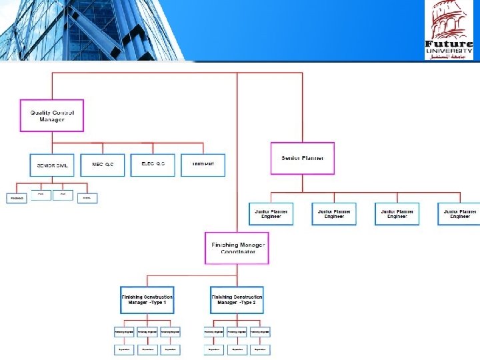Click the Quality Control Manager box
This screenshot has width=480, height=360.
(51, 115)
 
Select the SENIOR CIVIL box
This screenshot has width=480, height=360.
(51, 165)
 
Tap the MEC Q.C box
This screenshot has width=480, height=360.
(103, 165)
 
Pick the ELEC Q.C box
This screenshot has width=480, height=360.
(153, 165)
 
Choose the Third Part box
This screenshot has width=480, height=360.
(203, 165)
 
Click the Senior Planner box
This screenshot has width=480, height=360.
(303, 158)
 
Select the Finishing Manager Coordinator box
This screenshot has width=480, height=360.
(237, 248)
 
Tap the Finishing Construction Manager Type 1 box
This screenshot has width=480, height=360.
(147, 300)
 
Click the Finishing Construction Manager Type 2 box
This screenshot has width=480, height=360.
(237, 300)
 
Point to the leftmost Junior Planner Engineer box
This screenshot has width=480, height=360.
(271, 213)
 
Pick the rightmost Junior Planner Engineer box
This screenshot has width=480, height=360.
(459, 213)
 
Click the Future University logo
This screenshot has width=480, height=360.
(449, 30)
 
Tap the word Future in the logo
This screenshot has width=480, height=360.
(449, 44)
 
